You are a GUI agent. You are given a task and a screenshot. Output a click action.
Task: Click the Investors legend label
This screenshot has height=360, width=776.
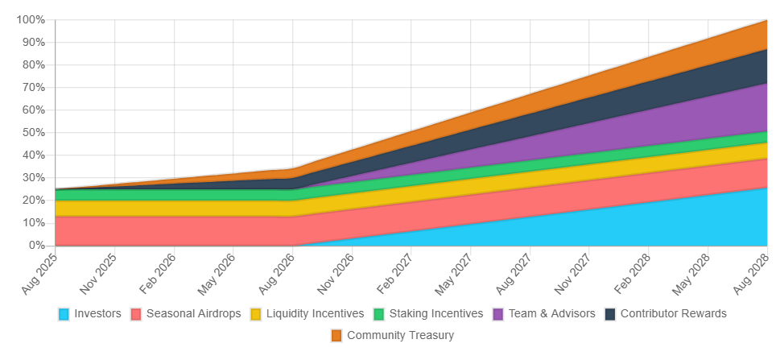[x=97, y=313]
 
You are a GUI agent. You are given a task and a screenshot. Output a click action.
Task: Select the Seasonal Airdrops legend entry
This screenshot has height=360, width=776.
[x=193, y=313]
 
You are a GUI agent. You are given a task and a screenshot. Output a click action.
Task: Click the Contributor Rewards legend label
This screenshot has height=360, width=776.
[x=673, y=313]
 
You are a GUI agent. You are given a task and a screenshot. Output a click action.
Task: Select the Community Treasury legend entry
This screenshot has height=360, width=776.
[x=400, y=335]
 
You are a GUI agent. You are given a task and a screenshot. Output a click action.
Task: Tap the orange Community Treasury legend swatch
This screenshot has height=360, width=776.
[x=336, y=335]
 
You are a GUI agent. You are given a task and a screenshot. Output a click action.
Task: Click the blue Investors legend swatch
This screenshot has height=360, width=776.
[x=64, y=313]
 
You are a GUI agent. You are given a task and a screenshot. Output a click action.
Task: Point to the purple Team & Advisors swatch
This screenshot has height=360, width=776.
[x=498, y=313]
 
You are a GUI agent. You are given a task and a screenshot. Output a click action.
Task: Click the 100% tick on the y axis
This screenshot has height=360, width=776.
[x=31, y=19]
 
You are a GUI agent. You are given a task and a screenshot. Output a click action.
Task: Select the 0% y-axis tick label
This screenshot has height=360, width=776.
[x=37, y=245]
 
